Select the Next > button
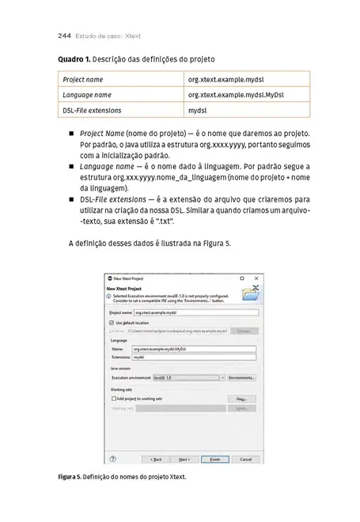tap(184, 459)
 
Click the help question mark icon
tap(112, 459)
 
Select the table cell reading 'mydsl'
tap(197, 110)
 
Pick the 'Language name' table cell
tap(87, 95)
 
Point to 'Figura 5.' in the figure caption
tap(69, 478)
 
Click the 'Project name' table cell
tap(83, 80)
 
